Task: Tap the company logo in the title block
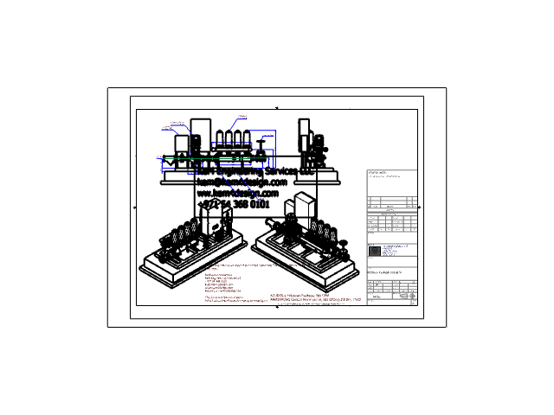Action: (375, 251)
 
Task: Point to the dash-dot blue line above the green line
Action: (230, 143)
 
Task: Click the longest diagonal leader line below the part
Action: (248, 188)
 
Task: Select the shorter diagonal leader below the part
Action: (227, 182)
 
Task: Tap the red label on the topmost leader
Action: (242, 116)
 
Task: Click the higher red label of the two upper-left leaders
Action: (177, 124)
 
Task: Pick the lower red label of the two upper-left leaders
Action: (167, 129)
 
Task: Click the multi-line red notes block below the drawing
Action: (223, 283)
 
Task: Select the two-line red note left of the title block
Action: (315, 298)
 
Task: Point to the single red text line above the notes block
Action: (255, 265)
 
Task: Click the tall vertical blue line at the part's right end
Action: (275, 149)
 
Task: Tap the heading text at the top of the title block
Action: (377, 172)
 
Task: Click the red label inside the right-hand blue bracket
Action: (267, 136)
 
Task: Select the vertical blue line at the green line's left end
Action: (161, 165)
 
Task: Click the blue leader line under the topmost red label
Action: (235, 124)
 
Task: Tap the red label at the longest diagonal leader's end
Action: (260, 201)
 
